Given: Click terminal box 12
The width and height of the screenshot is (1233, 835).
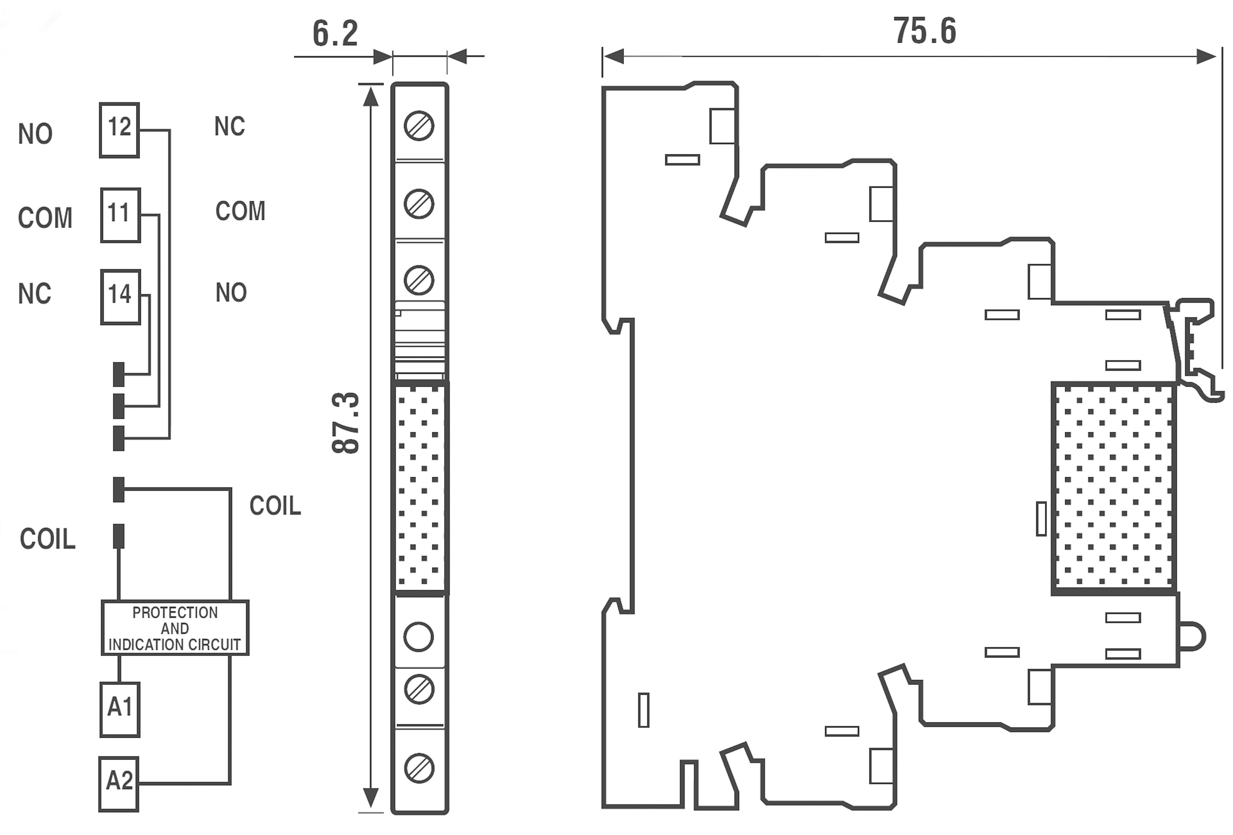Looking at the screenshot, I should click(119, 130).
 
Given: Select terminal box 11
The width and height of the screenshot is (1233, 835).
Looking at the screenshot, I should click(121, 215).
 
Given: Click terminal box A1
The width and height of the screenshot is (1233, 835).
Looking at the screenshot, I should click(120, 709).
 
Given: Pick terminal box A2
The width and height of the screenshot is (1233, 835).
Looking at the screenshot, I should click(119, 783).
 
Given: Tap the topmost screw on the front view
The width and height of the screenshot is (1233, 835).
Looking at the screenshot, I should click(419, 126).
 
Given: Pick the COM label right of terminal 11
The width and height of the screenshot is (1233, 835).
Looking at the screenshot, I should click(240, 211).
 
